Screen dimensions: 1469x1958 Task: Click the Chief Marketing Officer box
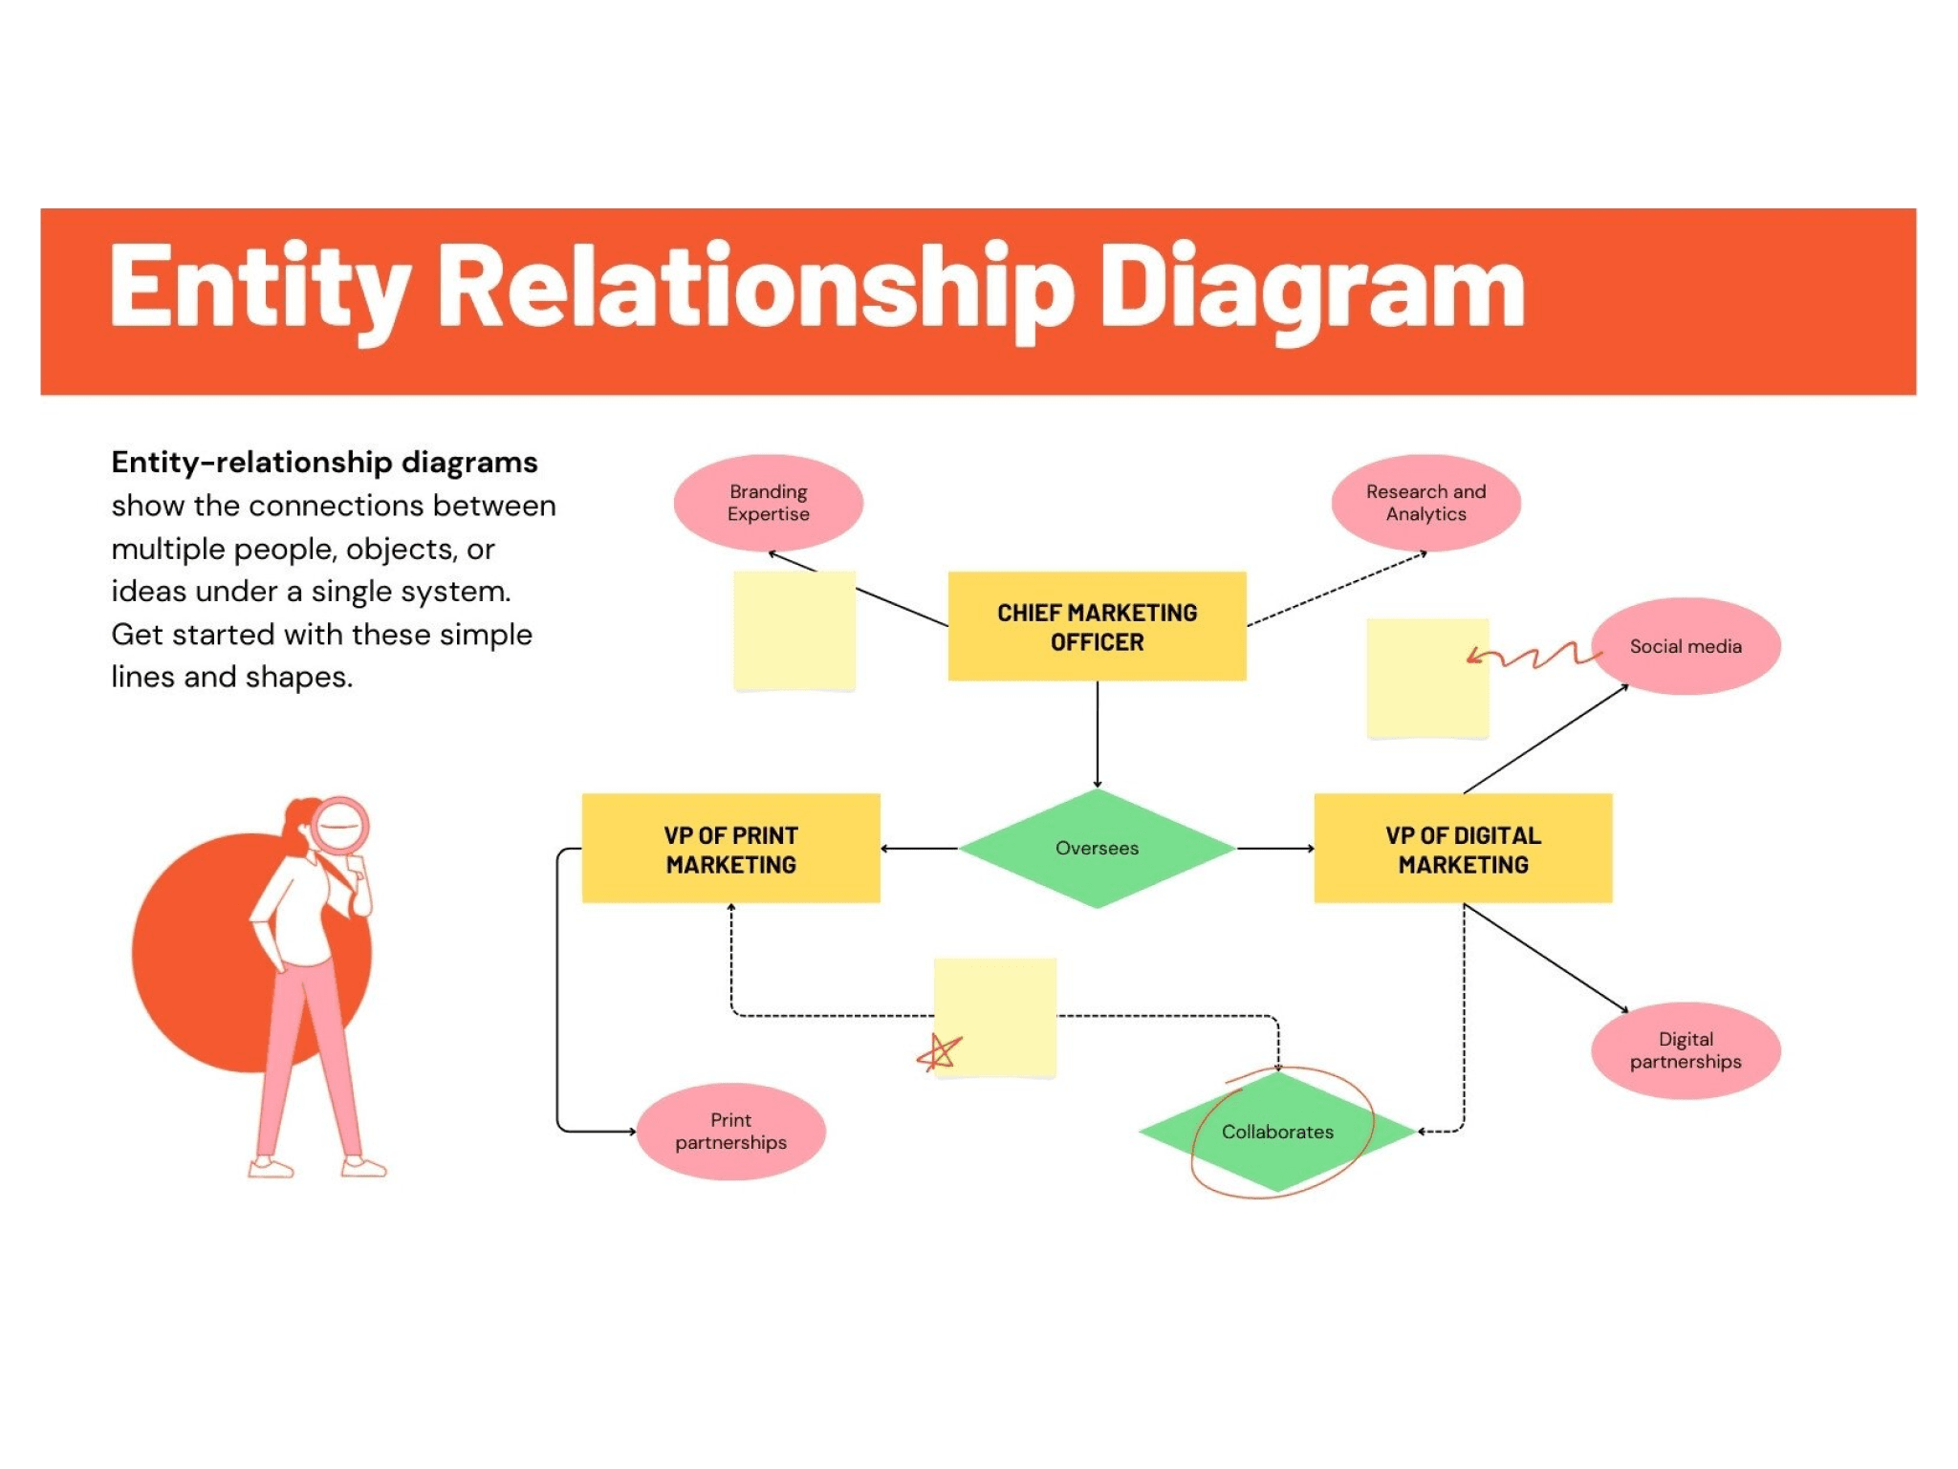tap(1097, 626)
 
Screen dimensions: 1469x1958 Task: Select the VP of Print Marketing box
tap(730, 849)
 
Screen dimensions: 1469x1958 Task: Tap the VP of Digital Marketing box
tap(1462, 849)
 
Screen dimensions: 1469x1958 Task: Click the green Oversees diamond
tap(1097, 848)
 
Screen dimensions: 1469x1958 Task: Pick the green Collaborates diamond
tap(1277, 1132)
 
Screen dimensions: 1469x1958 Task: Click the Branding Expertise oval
tap(768, 503)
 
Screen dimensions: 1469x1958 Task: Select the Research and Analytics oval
tap(1425, 503)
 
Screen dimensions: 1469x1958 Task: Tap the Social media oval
tap(1685, 646)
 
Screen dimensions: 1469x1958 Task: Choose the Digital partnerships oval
tap(1685, 1050)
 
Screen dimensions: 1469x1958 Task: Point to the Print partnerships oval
tap(730, 1132)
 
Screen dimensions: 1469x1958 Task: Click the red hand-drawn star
tap(939, 1052)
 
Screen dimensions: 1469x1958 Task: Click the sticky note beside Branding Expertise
tap(794, 631)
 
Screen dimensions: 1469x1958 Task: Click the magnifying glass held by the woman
tap(339, 825)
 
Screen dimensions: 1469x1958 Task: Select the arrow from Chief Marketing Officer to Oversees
tap(1097, 734)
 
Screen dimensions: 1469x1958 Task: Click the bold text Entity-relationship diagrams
tap(324, 463)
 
